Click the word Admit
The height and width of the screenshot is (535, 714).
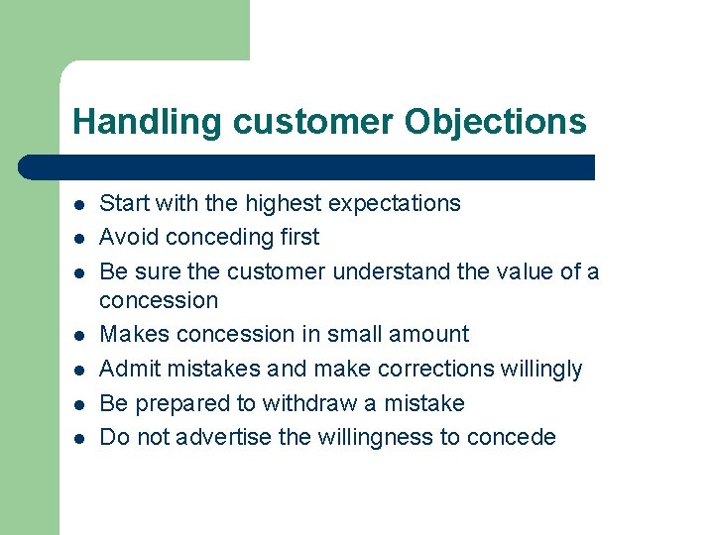(130, 369)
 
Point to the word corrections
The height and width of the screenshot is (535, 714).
(369, 369)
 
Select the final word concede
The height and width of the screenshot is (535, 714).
(515, 437)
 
